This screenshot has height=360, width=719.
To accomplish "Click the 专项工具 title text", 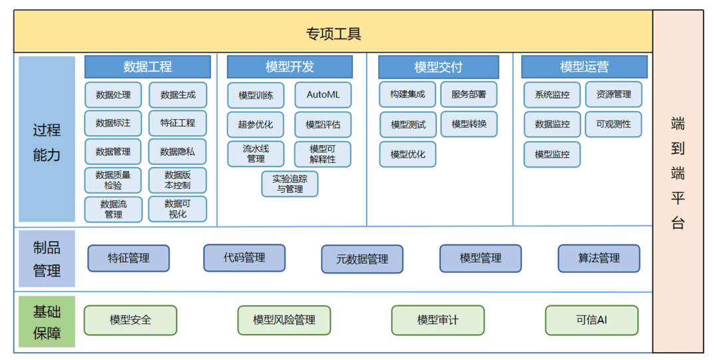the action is (334, 34).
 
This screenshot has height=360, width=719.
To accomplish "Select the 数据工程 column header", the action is (148, 67).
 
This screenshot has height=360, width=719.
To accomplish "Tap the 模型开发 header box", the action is (290, 67).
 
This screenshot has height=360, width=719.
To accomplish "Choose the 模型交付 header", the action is (438, 67).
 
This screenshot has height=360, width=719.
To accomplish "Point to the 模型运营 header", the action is (585, 67).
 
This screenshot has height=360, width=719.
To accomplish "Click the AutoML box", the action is (323, 95).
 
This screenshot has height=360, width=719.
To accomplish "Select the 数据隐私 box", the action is (178, 152).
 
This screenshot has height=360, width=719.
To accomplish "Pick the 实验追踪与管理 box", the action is (290, 184).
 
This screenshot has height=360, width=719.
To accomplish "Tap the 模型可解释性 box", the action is (323, 154).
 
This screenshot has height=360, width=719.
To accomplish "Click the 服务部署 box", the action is (469, 94).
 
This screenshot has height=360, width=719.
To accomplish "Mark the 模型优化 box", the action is (407, 154).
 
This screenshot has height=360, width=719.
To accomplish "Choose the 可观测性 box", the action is (614, 124).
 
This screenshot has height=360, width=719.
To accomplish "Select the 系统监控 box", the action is (552, 95).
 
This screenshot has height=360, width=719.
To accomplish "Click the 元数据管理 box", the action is (362, 259).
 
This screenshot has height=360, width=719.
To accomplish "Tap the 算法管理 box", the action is (599, 258).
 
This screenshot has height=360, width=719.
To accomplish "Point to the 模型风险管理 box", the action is (284, 320).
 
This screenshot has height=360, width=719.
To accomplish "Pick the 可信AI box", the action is (592, 320).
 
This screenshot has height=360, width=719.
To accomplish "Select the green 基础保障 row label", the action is (47, 321).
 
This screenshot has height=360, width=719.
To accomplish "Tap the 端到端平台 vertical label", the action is (678, 174).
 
